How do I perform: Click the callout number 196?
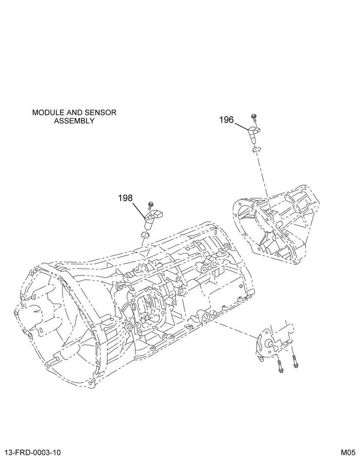(226, 120)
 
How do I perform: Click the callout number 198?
(125, 198)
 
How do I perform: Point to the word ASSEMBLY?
(74, 121)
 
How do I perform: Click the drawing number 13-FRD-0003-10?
(33, 452)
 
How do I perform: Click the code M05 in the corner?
(348, 452)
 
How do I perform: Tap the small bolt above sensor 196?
(254, 119)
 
